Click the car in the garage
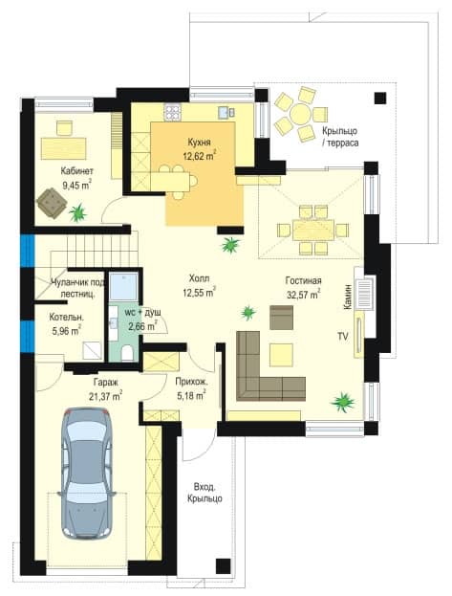click(87, 474)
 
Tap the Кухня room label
click(199, 143)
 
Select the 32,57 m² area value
click(304, 295)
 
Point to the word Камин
click(348, 298)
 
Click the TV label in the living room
click(343, 337)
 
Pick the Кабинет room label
click(76, 171)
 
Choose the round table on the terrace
click(300, 113)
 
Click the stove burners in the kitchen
click(172, 112)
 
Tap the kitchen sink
click(225, 112)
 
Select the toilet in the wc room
click(127, 353)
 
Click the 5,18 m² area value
click(191, 396)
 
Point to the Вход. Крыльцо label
click(204, 493)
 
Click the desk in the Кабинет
click(63, 148)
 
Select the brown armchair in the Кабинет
click(52, 204)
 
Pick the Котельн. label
click(67, 318)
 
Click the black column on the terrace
click(380, 99)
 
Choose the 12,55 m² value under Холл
click(199, 293)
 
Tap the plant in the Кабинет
click(77, 212)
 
